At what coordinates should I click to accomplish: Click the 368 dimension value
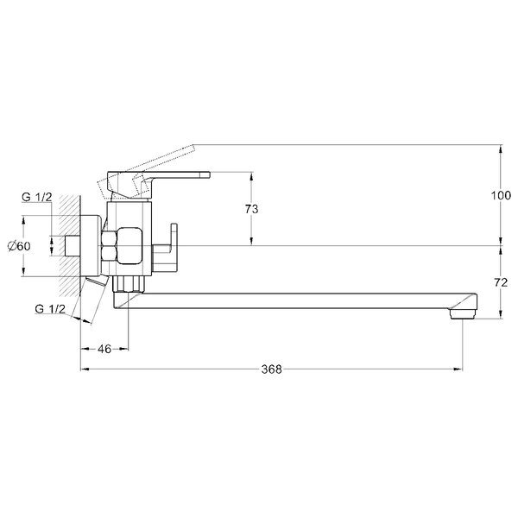(x=272, y=369)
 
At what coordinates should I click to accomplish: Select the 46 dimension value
(x=104, y=349)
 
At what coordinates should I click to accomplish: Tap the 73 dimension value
(x=252, y=209)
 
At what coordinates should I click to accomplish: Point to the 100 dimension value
(x=501, y=195)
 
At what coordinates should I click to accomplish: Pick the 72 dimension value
(x=501, y=282)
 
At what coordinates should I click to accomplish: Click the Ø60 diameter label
(x=19, y=246)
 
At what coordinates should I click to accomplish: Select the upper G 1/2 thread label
(x=37, y=197)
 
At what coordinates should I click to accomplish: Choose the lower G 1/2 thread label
(x=50, y=309)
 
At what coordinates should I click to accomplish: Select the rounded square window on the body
(x=129, y=245)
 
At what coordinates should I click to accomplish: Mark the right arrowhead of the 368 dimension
(x=458, y=369)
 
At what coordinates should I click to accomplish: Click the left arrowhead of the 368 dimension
(x=85, y=369)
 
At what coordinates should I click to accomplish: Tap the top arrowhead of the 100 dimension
(x=501, y=149)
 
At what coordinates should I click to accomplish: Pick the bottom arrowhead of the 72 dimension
(x=501, y=314)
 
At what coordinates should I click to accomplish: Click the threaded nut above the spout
(x=129, y=284)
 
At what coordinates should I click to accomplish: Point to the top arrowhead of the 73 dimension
(x=252, y=176)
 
